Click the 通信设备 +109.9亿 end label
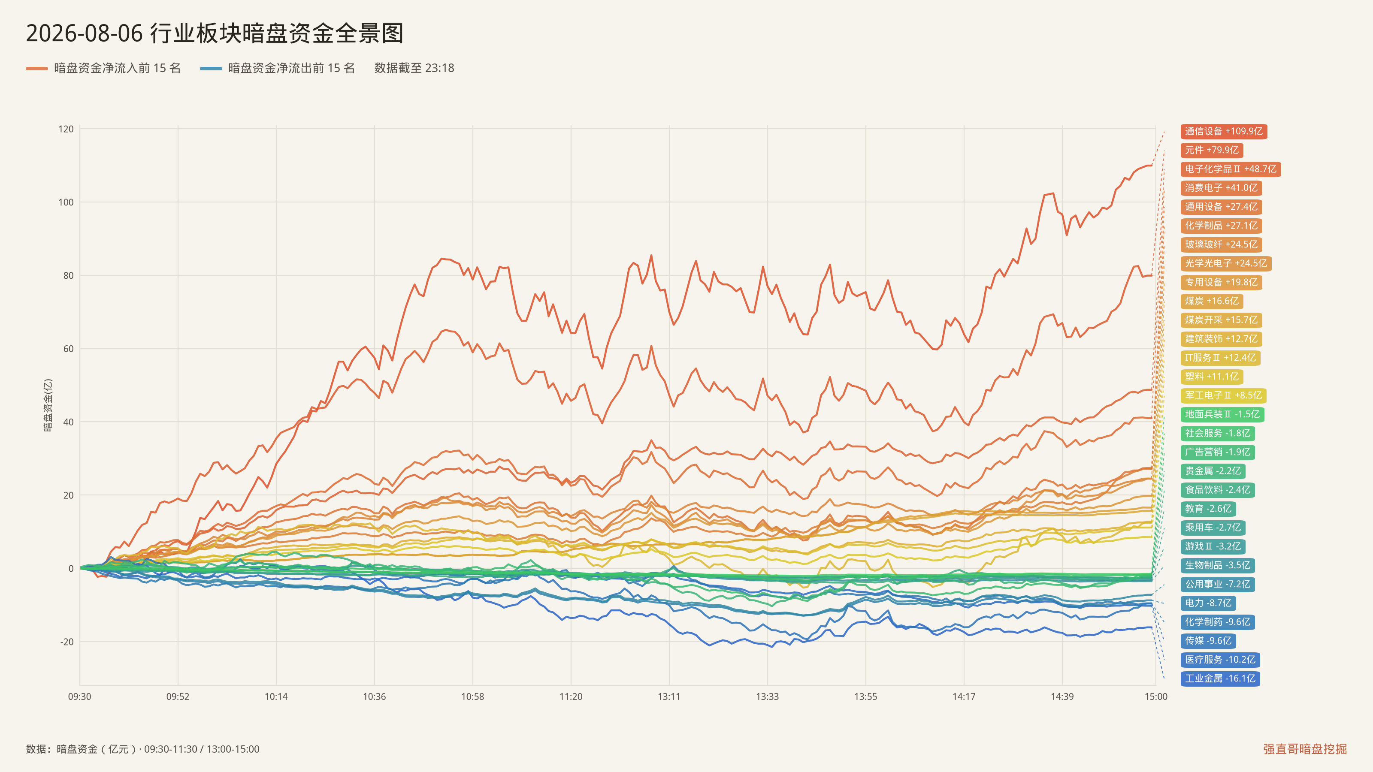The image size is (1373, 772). click(x=1223, y=132)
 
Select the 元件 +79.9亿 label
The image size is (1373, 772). click(x=1212, y=150)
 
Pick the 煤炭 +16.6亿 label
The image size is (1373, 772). click(x=1212, y=301)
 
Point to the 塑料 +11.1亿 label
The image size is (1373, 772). click(x=1212, y=377)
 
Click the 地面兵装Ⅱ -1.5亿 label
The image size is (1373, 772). click(x=1222, y=414)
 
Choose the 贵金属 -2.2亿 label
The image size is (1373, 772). click(x=1213, y=471)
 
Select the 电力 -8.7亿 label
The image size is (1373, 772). click(x=1208, y=603)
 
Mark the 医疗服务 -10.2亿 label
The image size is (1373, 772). click(x=1220, y=660)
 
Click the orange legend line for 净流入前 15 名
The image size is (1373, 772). click(x=37, y=69)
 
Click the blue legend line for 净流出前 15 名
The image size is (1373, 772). click(x=211, y=69)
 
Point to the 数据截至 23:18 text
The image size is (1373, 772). click(x=414, y=68)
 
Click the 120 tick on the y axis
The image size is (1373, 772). click(x=66, y=129)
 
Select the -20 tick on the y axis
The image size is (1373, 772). click(x=67, y=642)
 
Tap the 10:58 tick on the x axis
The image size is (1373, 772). click(x=473, y=697)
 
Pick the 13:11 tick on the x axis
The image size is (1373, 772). click(x=669, y=697)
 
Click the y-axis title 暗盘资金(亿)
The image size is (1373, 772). click(x=48, y=405)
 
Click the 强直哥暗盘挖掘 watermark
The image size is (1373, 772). click(x=1305, y=749)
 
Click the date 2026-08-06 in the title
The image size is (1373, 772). click(x=84, y=33)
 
